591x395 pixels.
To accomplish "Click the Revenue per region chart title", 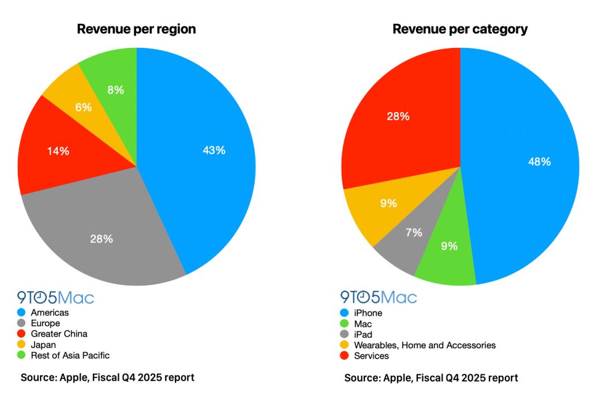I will pyautogui.click(x=136, y=29).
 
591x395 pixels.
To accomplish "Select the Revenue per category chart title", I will pyautogui.click(x=460, y=29).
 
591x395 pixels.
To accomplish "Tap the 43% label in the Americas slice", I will pyautogui.click(x=214, y=150).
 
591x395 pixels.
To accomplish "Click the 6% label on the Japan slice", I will pyautogui.click(x=83, y=107).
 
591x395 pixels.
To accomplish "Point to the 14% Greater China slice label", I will pyautogui.click(x=58, y=151).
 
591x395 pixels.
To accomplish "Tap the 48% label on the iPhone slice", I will pyautogui.click(x=539, y=162).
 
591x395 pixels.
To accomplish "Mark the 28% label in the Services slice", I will pyautogui.click(x=398, y=116).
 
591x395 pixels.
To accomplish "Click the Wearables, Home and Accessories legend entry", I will pyautogui.click(x=424, y=345).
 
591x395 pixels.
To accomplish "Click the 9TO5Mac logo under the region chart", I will pyautogui.click(x=55, y=297).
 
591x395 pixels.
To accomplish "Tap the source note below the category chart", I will pyautogui.click(x=431, y=378).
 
